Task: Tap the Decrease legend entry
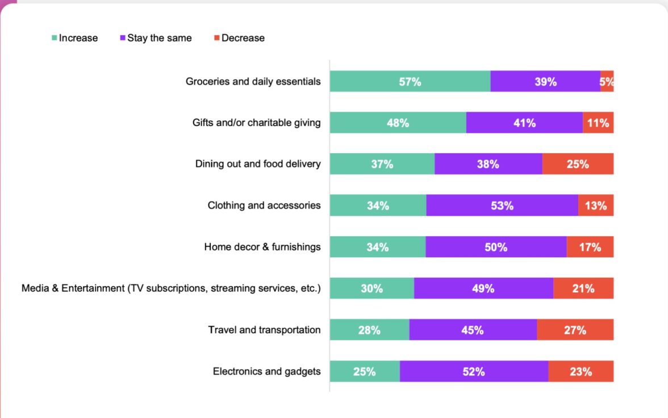[239, 38]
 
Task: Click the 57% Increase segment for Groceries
[410, 81]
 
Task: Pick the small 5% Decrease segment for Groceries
[607, 81]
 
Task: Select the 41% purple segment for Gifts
[524, 123]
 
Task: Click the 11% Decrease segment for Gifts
[598, 123]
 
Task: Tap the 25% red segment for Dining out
[578, 164]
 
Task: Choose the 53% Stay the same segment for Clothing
[502, 206]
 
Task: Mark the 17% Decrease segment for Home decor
[590, 247]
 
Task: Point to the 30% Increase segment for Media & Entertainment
[371, 289]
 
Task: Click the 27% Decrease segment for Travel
[575, 330]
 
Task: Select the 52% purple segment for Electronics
[474, 371]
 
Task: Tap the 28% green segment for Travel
[369, 330]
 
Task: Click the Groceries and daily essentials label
[253, 81]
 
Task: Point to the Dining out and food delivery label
[258, 164]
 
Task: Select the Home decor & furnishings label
[262, 247]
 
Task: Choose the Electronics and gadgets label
[266, 371]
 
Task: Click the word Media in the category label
[35, 289]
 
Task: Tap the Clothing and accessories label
[264, 206]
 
